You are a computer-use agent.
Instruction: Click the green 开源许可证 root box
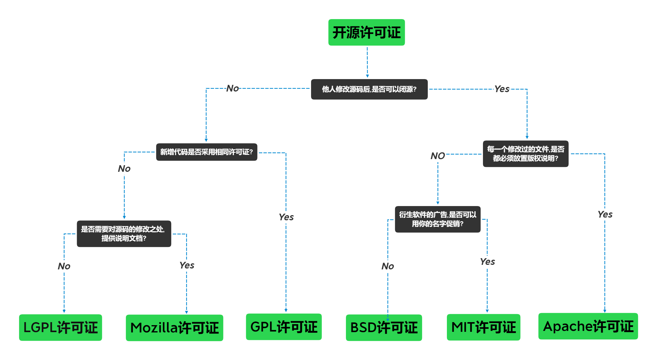pos(366,32)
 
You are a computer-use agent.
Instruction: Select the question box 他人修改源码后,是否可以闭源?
pos(369,89)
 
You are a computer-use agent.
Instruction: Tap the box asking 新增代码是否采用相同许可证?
pos(206,152)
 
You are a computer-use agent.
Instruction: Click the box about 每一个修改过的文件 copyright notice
pos(525,154)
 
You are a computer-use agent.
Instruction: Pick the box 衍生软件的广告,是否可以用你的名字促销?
pos(437,219)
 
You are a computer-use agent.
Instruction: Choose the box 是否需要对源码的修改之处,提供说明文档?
pos(124,234)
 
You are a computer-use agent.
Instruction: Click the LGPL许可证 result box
pos(60,327)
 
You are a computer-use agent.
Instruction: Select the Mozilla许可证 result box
pos(174,328)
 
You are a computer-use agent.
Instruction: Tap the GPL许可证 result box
pos(283,327)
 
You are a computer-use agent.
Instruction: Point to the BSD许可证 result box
pos(384,328)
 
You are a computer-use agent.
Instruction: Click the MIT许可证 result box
pos(483,327)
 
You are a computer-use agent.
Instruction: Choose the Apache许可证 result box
pos(588,326)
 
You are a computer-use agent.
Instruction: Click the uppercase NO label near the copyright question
pos(437,156)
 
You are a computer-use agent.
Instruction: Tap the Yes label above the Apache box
pos(605,215)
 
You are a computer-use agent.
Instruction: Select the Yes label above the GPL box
pos(286,217)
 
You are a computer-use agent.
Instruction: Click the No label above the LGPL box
pos(64,266)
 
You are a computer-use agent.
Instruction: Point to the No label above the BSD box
pos(387,266)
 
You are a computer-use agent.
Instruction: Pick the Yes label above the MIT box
pos(487,262)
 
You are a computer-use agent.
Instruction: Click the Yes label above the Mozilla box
pos(186,265)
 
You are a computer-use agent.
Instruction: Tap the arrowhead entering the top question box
pos(367,76)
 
